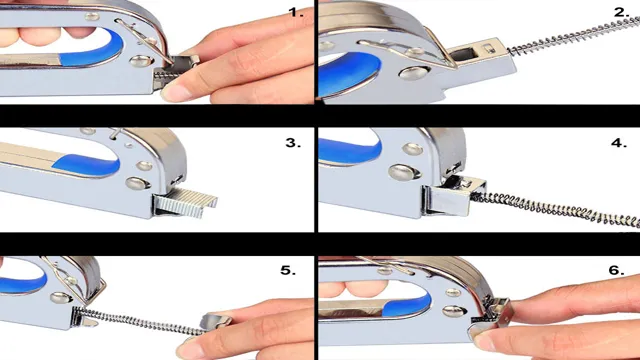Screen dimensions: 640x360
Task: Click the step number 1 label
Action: pos(296,12)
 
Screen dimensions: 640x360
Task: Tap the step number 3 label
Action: pos(293,143)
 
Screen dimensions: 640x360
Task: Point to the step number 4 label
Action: pos(619,143)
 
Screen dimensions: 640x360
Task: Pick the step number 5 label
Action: pos(288,271)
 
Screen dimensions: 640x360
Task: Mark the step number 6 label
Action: pos(616,270)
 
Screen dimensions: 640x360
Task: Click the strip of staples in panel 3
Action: pos(186,201)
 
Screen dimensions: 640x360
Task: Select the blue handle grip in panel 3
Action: pos(87,166)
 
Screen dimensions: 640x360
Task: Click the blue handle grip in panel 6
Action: pos(408,305)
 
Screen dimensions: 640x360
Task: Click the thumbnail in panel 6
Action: pos(484,342)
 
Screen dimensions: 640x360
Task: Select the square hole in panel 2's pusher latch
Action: pos(464,54)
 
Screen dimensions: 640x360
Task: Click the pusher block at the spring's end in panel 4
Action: pos(453,197)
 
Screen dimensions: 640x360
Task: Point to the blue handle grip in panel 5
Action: pos(22,283)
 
